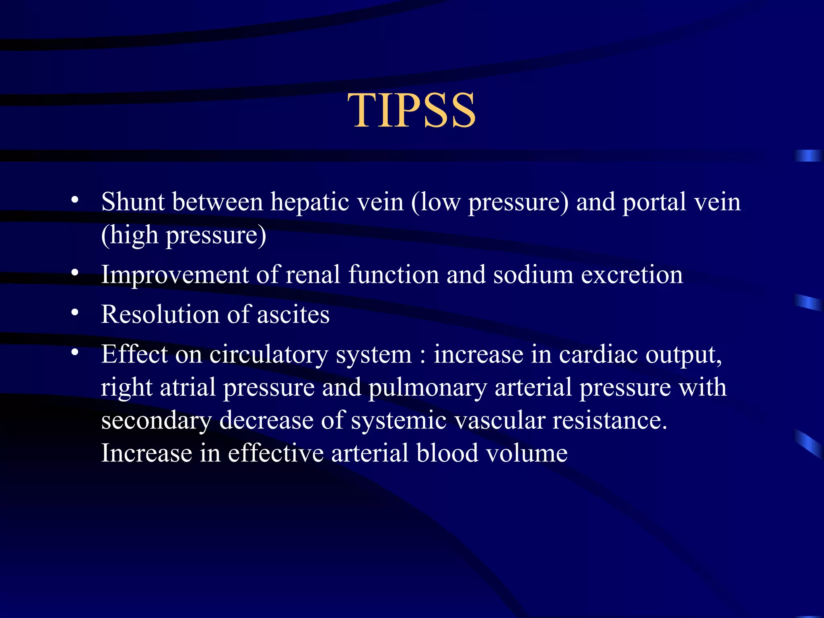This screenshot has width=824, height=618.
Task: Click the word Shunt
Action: (133, 202)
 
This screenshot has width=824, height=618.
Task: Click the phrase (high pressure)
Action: (183, 235)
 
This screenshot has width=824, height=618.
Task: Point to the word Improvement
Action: (175, 275)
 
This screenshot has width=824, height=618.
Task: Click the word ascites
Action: (293, 314)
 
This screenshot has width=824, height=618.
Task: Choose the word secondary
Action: (156, 421)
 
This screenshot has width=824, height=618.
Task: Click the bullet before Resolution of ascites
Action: (75, 313)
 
